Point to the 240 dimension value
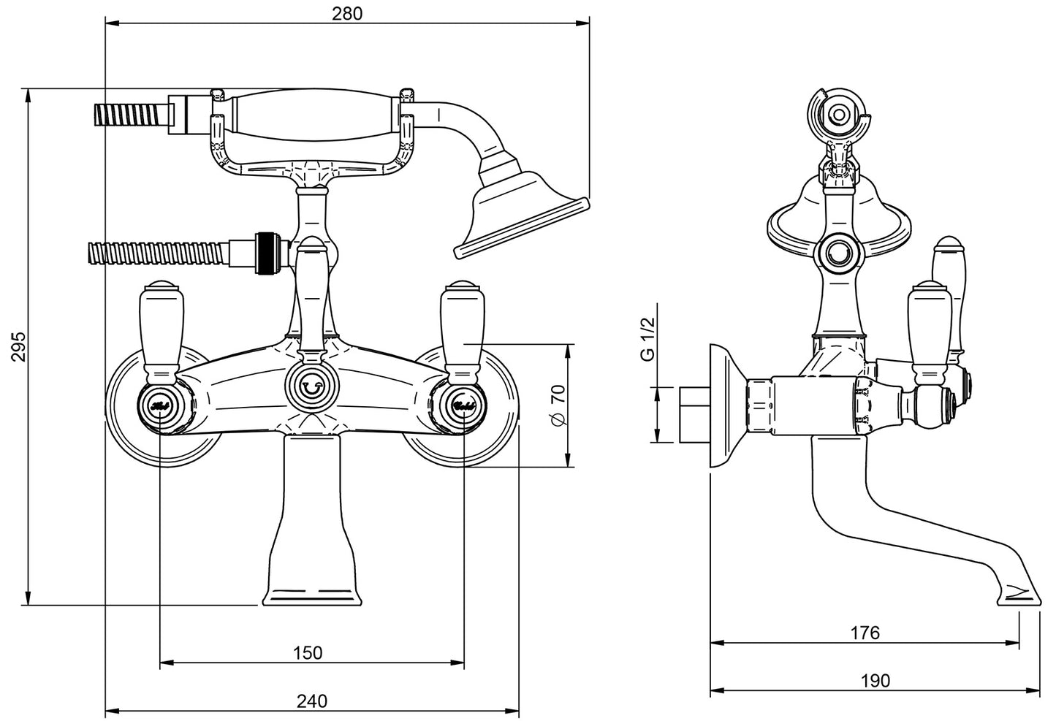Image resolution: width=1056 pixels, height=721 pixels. pos(312,701)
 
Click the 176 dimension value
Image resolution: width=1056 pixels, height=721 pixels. pos(865,633)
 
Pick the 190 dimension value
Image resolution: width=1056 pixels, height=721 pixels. pos(875,681)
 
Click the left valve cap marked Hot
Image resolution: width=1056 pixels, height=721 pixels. pos(159,403)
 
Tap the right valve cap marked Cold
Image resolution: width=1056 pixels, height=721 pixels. pos(464,403)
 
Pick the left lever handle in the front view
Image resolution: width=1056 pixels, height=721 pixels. pos(159,329)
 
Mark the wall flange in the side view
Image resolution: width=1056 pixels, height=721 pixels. pos(723,406)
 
